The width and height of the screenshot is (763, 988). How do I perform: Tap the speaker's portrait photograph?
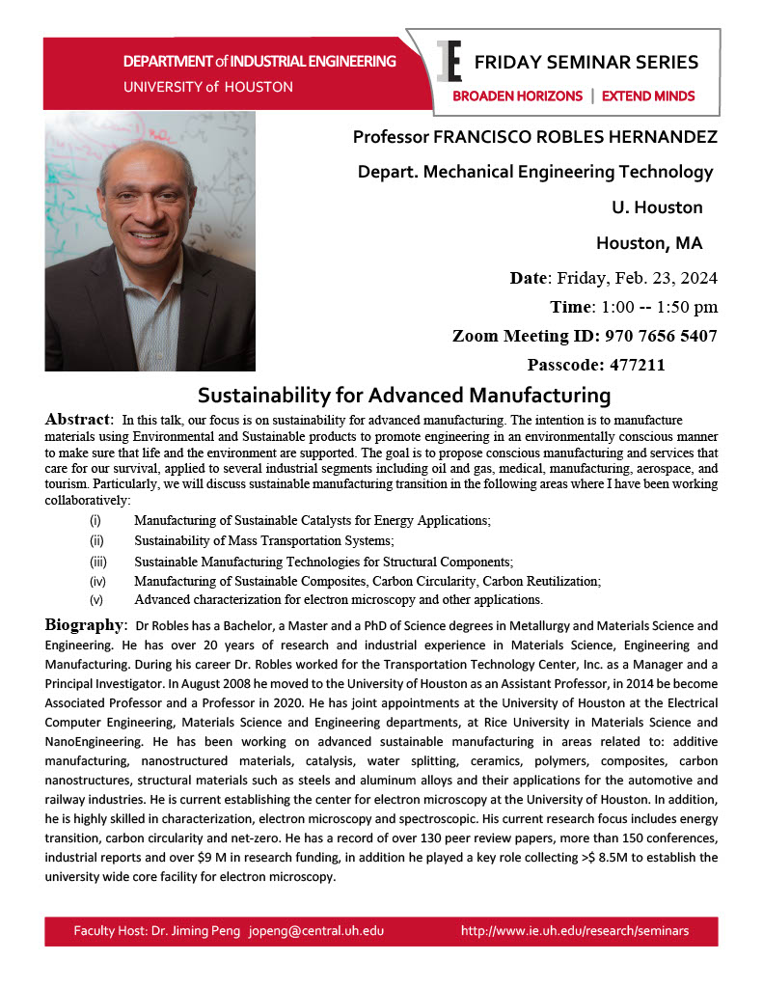[150, 241]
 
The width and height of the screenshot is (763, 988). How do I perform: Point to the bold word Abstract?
[78, 420]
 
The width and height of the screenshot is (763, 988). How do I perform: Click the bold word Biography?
[85, 624]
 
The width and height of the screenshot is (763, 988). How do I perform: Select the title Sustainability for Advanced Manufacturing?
[404, 395]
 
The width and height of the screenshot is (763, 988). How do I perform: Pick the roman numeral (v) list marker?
[96, 599]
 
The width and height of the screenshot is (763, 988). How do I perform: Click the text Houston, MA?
[649, 241]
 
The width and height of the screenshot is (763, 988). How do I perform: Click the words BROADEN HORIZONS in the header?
[518, 96]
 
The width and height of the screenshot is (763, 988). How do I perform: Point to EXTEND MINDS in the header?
[648, 96]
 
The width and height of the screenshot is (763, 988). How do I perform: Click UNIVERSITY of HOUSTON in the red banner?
[208, 87]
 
